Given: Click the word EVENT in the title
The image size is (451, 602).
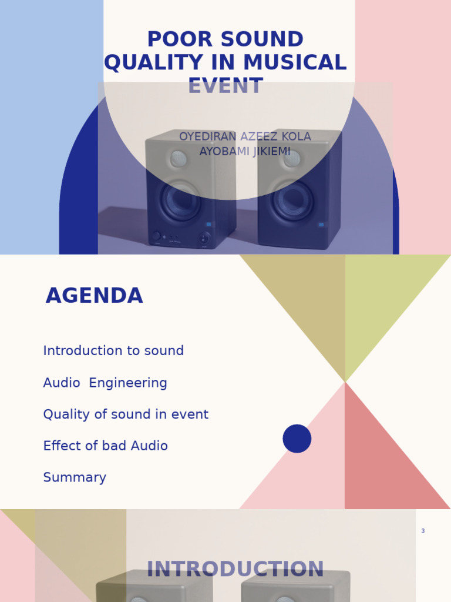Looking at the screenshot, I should (x=225, y=86).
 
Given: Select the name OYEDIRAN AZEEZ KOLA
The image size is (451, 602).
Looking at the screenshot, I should (x=245, y=137).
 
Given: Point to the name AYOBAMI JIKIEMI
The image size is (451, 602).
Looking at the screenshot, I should (x=245, y=152).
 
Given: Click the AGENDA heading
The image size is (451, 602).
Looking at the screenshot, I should (x=94, y=296).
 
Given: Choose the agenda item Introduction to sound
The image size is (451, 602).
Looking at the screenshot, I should (x=113, y=351).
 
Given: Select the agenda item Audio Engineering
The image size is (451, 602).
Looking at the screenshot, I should (x=105, y=383).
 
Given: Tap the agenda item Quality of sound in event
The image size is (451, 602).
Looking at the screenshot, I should (x=126, y=414).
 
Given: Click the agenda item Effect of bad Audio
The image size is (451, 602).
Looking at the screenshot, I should (x=106, y=446).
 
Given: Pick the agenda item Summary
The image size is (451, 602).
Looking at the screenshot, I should (x=75, y=478).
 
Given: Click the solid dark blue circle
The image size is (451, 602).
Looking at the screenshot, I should (x=297, y=439).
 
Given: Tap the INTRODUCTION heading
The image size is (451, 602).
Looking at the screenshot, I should (x=235, y=569).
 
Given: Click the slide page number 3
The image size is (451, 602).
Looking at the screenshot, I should (x=423, y=531).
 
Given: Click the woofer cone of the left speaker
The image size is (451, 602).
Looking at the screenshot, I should (x=180, y=200).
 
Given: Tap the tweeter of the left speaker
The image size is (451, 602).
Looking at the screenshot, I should (x=179, y=158).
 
